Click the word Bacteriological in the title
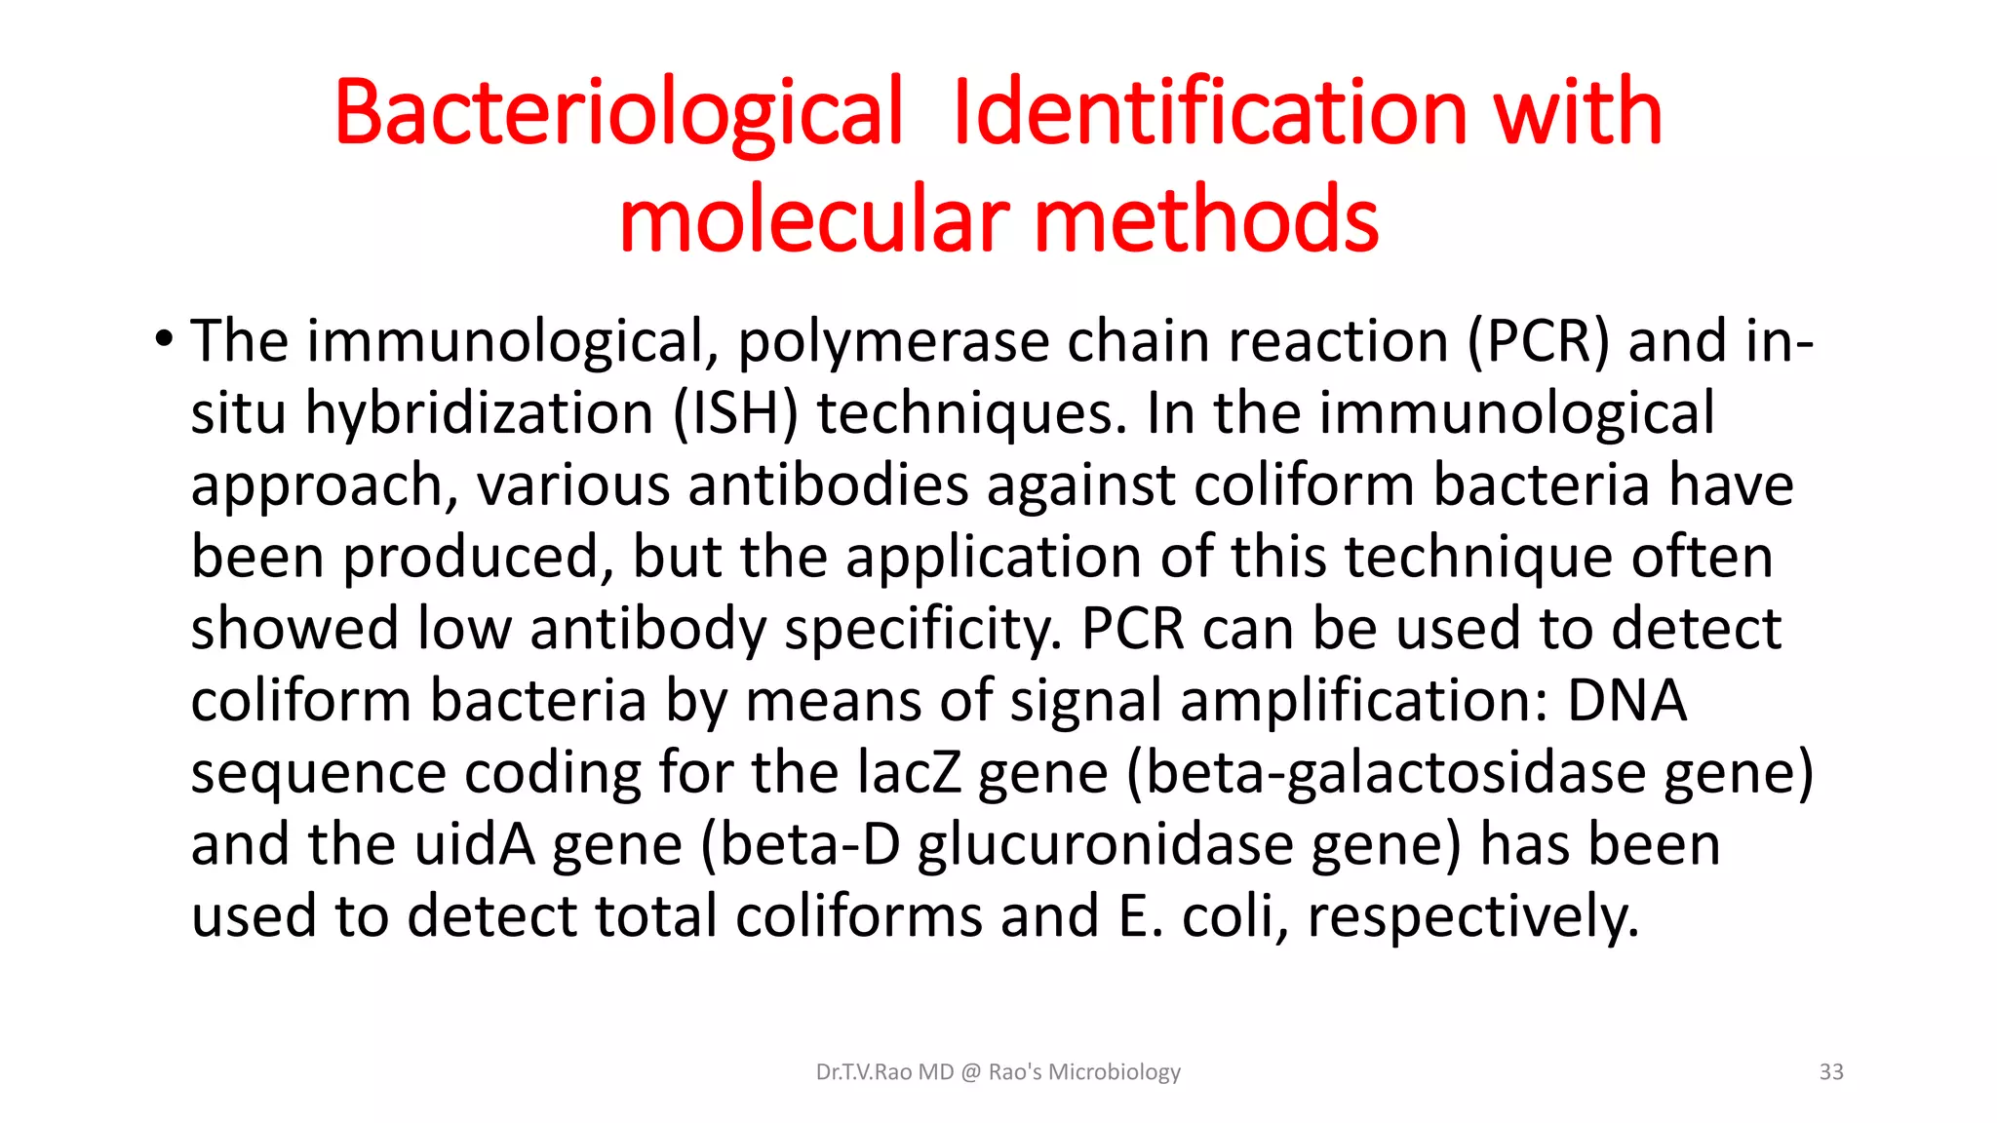point(619,114)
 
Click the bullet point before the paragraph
point(163,340)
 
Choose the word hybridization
point(480,413)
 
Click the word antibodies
point(828,484)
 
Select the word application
point(994,558)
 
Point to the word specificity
point(922,630)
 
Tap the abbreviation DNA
point(1626,701)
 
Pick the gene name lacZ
point(909,772)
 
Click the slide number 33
point(1831,1072)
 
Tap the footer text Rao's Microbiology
point(1084,1072)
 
